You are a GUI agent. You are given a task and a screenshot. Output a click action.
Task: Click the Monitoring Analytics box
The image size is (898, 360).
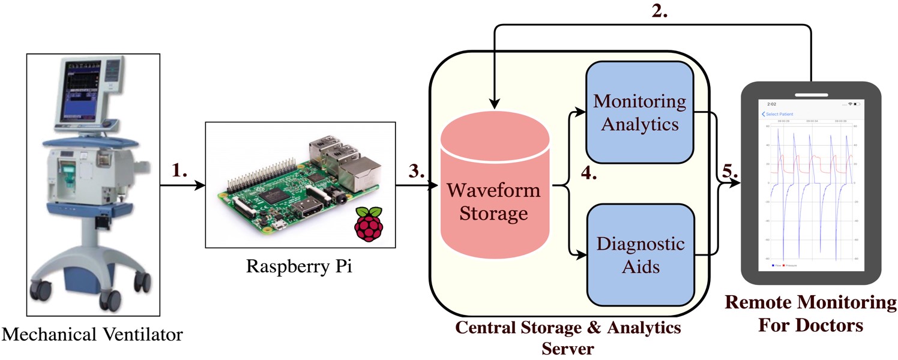pos(640,112)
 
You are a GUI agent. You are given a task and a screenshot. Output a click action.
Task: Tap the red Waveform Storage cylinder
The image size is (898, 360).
pos(494,192)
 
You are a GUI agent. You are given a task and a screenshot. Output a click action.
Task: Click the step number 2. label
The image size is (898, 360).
pos(668,13)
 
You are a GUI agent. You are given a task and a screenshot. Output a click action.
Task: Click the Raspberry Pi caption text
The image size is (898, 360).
pos(299,266)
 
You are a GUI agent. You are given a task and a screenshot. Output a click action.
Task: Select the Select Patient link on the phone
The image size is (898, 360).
pos(779,114)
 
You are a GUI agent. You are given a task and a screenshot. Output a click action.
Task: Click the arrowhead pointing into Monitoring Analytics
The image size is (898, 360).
pos(581,112)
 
